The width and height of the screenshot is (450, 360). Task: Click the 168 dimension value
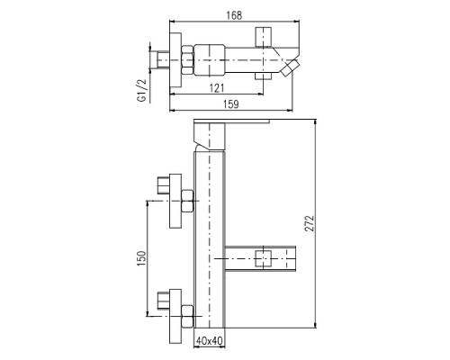coord(234,15)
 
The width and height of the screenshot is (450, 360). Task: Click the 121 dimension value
coord(217,88)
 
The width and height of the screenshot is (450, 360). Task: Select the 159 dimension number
coord(231,104)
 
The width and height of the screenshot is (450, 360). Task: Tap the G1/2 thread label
coord(141,91)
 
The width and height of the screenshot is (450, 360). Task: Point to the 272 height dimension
coord(310,223)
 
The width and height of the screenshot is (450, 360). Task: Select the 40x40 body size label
coord(210,341)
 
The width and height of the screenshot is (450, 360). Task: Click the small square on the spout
coord(263,258)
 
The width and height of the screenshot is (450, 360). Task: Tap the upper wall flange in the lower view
coord(175,201)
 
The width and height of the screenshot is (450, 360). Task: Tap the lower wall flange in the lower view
coord(175,317)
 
